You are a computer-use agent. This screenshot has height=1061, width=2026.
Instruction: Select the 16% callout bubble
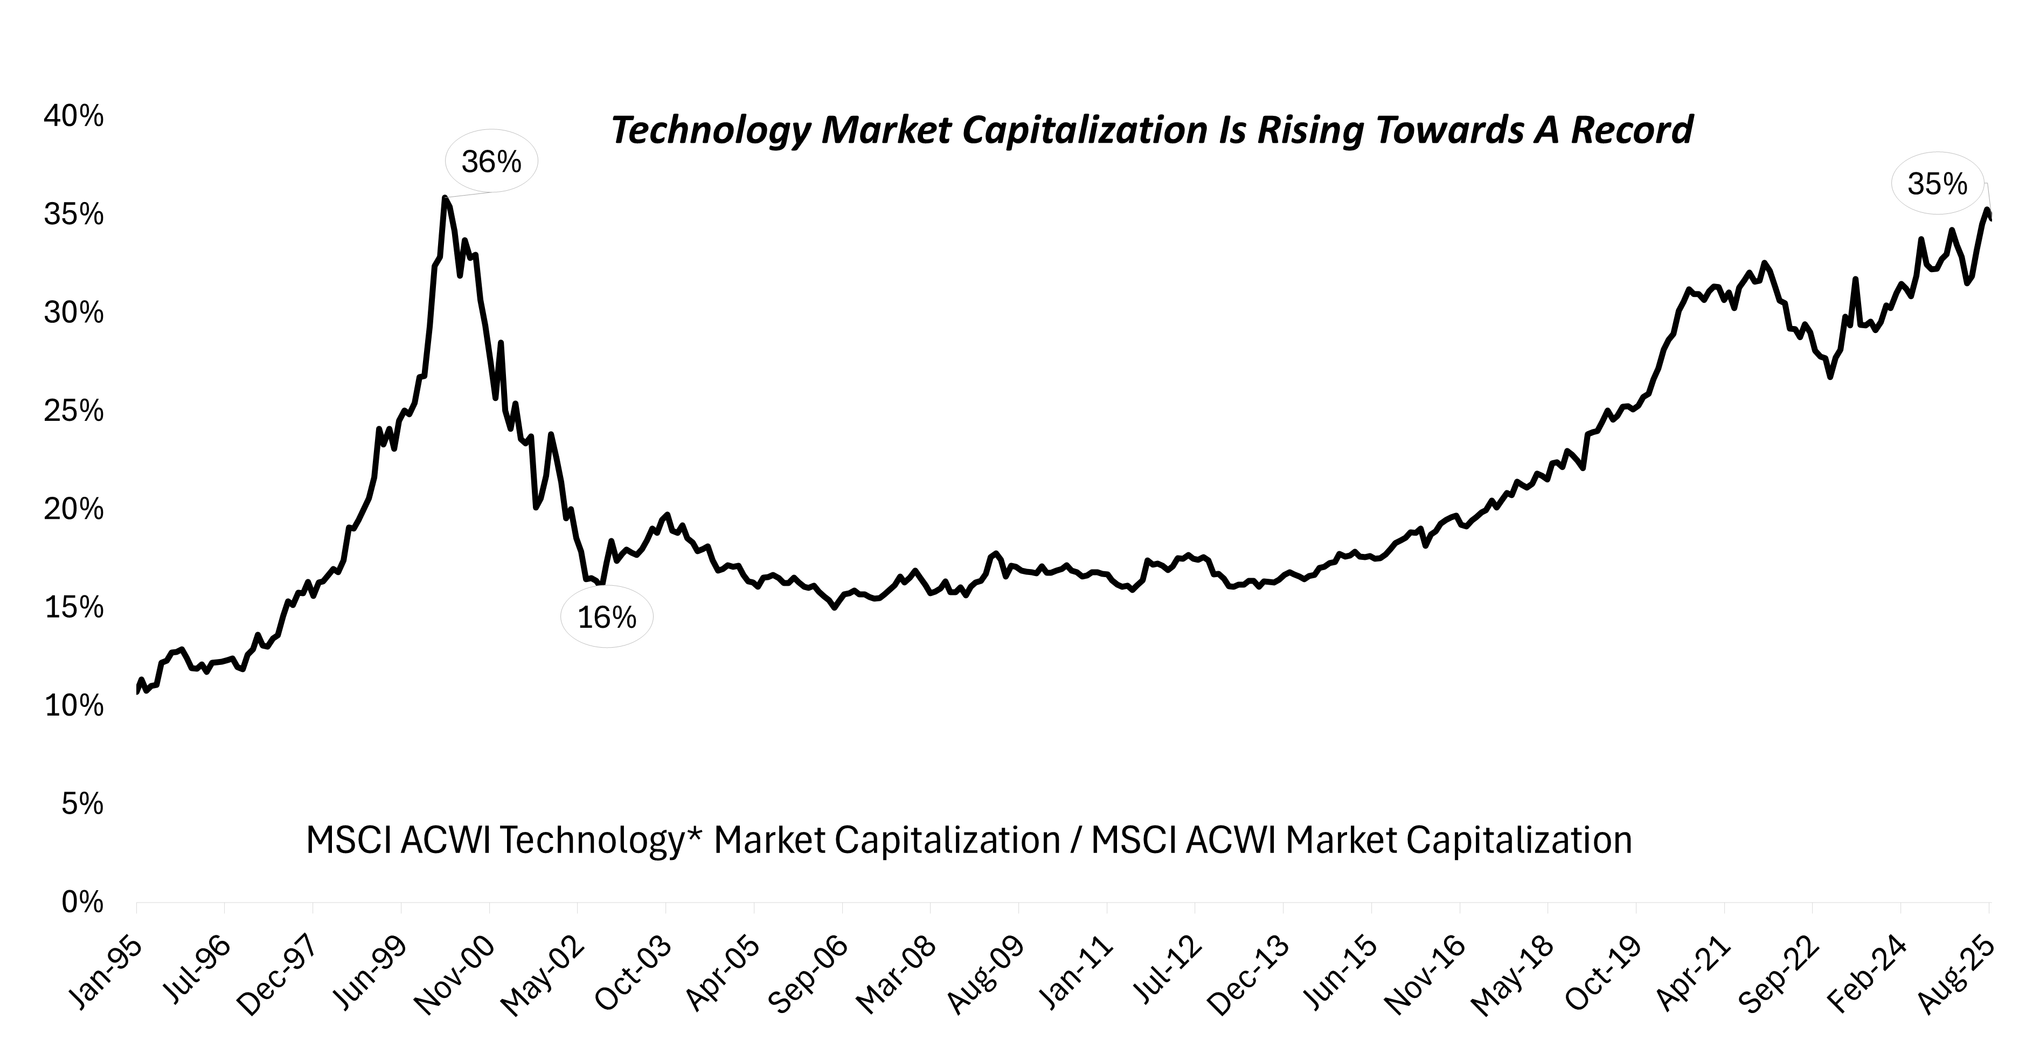point(606,618)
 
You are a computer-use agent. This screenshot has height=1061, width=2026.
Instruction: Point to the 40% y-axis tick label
point(74,116)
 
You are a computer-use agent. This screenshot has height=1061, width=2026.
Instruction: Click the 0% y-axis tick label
point(82,902)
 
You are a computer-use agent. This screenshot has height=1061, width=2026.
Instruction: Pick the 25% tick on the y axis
point(74,411)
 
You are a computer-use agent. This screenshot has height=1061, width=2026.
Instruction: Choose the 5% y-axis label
point(82,804)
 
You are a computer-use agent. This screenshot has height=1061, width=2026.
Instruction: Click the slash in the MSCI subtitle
point(1075,841)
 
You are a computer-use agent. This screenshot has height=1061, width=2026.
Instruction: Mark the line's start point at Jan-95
point(137,692)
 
